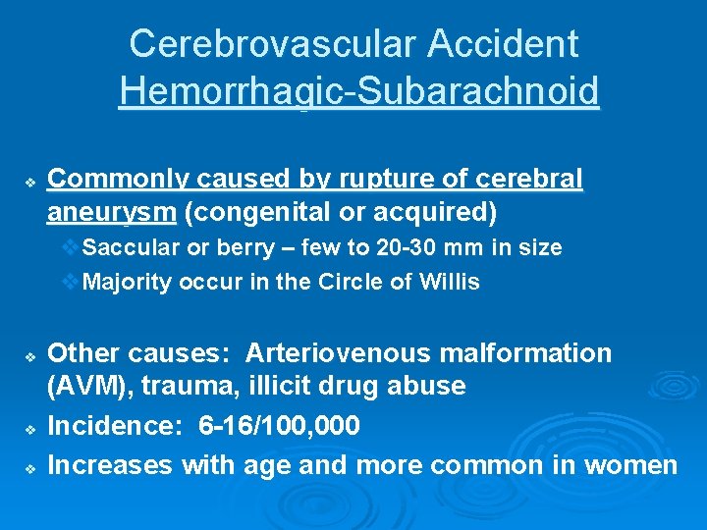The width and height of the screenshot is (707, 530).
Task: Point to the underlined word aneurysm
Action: click(x=111, y=211)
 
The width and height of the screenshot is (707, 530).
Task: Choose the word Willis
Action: click(x=447, y=283)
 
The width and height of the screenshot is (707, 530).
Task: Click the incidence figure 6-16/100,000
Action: click(x=279, y=427)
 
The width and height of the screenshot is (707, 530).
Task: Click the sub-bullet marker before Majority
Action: click(x=69, y=283)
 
